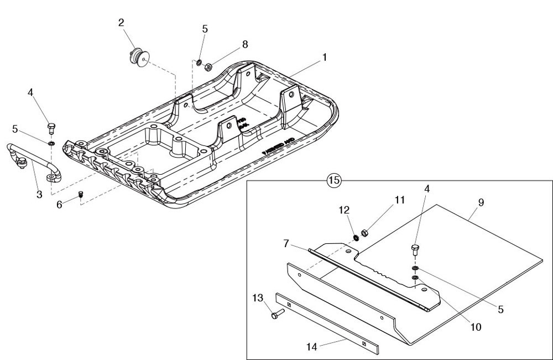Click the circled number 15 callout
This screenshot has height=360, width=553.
click(334, 180)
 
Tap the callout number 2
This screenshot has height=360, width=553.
click(121, 23)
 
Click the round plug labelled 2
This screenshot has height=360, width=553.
click(139, 58)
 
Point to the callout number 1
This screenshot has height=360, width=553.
click(325, 57)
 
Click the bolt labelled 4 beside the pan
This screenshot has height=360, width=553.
click(51, 128)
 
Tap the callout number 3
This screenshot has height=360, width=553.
click(39, 195)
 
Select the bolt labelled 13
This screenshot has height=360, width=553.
click(276, 314)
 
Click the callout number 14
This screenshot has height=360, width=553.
click(311, 347)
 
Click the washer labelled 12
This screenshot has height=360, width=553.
click(356, 238)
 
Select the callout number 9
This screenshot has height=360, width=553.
click(481, 203)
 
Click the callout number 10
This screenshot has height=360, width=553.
click(475, 327)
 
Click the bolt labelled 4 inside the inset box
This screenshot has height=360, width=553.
click(415, 249)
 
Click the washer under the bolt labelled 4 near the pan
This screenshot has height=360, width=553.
click(51, 144)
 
